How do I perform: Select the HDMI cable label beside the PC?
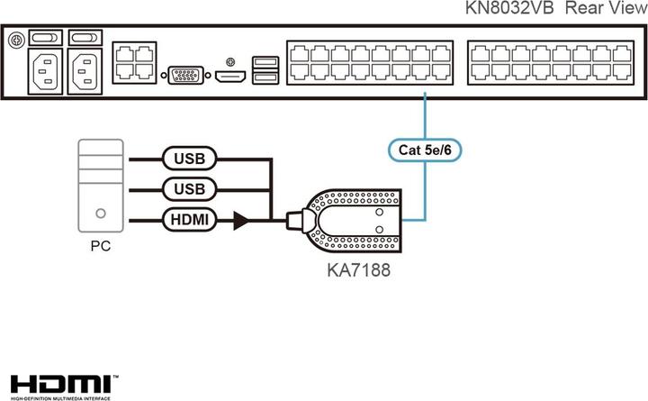point(190,219)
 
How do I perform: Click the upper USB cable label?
point(190,159)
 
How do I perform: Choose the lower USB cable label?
point(190,189)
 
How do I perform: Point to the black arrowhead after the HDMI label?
point(240,219)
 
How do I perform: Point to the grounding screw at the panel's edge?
point(15,40)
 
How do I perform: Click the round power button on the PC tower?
point(101,215)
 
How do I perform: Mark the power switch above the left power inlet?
point(45,40)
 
